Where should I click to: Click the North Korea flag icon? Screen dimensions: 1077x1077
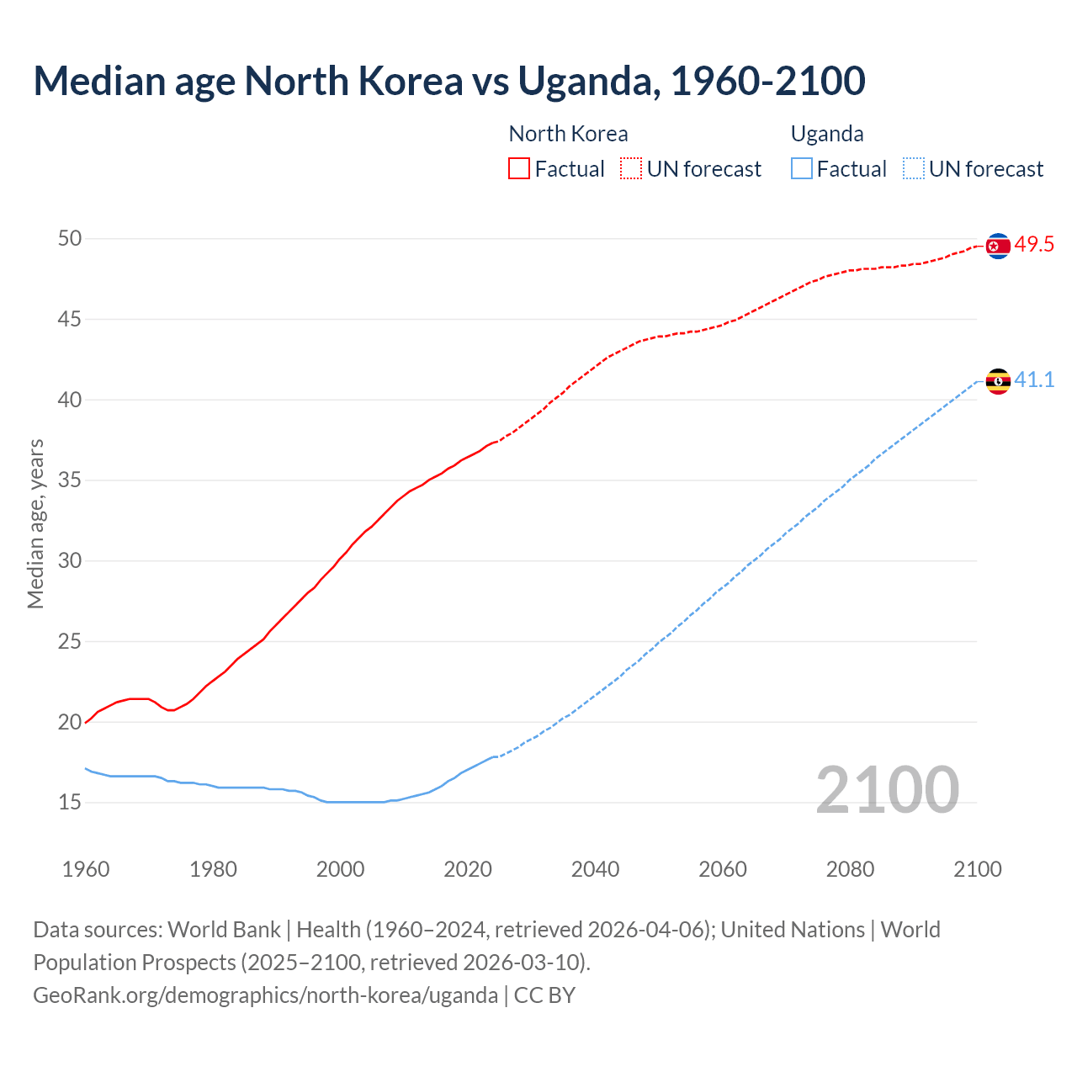[x=998, y=246]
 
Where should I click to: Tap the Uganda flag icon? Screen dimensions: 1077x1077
[x=998, y=381]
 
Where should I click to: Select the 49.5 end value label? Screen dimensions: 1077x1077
[x=1034, y=245]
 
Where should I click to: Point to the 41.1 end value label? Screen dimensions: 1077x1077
[x=1034, y=380]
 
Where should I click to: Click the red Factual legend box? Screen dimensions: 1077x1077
[x=519, y=169]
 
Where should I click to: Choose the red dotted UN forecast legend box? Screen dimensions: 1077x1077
[x=631, y=169]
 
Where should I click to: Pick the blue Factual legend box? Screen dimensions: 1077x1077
[x=802, y=169]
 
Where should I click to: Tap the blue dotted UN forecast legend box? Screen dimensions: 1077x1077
[x=914, y=169]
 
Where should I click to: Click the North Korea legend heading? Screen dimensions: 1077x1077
[x=568, y=134]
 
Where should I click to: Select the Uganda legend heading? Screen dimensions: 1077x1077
[x=827, y=134]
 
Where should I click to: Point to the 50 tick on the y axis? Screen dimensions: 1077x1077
[x=70, y=239]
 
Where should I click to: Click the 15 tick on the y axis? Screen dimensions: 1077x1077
[x=70, y=803]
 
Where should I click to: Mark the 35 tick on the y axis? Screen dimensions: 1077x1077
[x=70, y=480]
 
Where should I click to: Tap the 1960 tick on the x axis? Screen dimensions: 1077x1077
[x=86, y=869]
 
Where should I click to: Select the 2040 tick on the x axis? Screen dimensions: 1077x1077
[x=595, y=869]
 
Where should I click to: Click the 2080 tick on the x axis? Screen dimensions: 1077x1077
[x=850, y=869]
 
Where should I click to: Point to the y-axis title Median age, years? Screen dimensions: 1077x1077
[x=35, y=523]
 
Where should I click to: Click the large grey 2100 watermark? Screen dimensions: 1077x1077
[x=887, y=789]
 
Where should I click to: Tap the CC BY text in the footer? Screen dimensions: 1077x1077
[x=544, y=995]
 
